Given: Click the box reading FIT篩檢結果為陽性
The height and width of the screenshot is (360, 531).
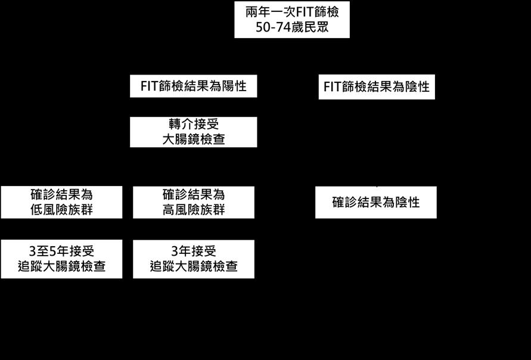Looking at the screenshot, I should point(194,86).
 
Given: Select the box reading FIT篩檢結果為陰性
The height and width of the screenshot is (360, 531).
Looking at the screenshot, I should point(377,87).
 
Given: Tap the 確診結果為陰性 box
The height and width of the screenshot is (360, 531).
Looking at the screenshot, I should point(376,202).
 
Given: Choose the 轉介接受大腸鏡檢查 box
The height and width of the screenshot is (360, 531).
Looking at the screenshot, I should point(194,132).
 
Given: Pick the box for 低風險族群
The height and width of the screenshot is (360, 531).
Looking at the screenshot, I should point(61,202).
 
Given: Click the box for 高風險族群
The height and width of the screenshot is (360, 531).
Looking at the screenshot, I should point(194,202).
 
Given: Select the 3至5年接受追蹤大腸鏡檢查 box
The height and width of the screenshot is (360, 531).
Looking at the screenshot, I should point(61,259).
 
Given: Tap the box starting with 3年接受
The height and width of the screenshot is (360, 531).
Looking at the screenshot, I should point(194,259).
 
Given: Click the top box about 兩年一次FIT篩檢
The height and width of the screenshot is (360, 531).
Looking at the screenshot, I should point(291,20).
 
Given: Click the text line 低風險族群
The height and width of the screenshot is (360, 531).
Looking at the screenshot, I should point(61,210).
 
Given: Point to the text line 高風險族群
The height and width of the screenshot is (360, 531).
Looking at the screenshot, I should point(194,210).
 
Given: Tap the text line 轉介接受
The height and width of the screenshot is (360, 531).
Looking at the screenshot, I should point(194,125).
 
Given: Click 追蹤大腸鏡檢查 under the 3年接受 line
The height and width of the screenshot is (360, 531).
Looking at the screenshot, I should point(194,266).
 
